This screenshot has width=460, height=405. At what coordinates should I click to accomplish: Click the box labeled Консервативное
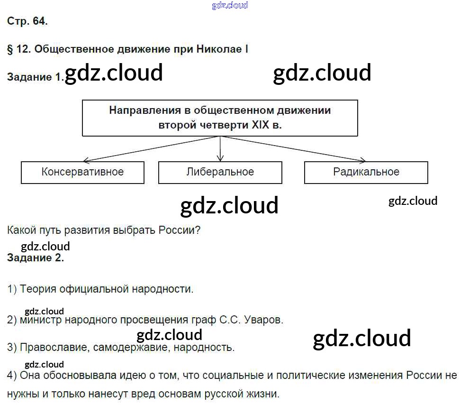(82, 172)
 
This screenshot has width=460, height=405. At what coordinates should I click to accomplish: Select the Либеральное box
(220, 172)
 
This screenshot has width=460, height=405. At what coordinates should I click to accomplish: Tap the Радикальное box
(366, 172)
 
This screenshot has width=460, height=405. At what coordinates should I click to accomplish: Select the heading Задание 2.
(36, 258)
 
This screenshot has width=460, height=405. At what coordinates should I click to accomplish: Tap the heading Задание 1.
(35, 77)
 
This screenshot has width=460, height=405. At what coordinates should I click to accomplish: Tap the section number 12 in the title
(23, 49)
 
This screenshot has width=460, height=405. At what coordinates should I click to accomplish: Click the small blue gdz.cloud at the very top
(230, 5)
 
